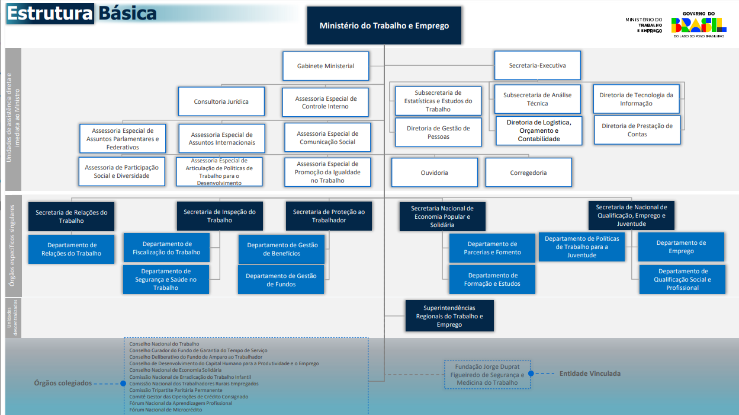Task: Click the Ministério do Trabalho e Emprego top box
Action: tap(384, 25)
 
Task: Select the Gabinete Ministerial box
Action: tap(326, 66)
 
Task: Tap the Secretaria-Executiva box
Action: tap(537, 65)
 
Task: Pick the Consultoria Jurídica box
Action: tap(221, 101)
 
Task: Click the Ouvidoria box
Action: tap(434, 173)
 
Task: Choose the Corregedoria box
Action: tap(528, 173)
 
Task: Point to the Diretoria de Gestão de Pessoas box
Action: tap(438, 132)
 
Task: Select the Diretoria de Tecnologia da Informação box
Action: tap(636, 99)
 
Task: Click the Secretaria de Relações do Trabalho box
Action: tap(71, 216)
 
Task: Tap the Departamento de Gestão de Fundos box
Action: tap(281, 280)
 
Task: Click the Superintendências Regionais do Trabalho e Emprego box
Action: tap(449, 316)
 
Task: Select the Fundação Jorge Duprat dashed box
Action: tap(487, 375)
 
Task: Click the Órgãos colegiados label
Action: tap(63, 383)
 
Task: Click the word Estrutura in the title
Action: tap(50, 14)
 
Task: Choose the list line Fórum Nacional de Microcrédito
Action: tap(165, 410)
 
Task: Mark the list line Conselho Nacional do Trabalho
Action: tap(164, 344)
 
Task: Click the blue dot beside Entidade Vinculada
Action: tap(531, 373)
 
